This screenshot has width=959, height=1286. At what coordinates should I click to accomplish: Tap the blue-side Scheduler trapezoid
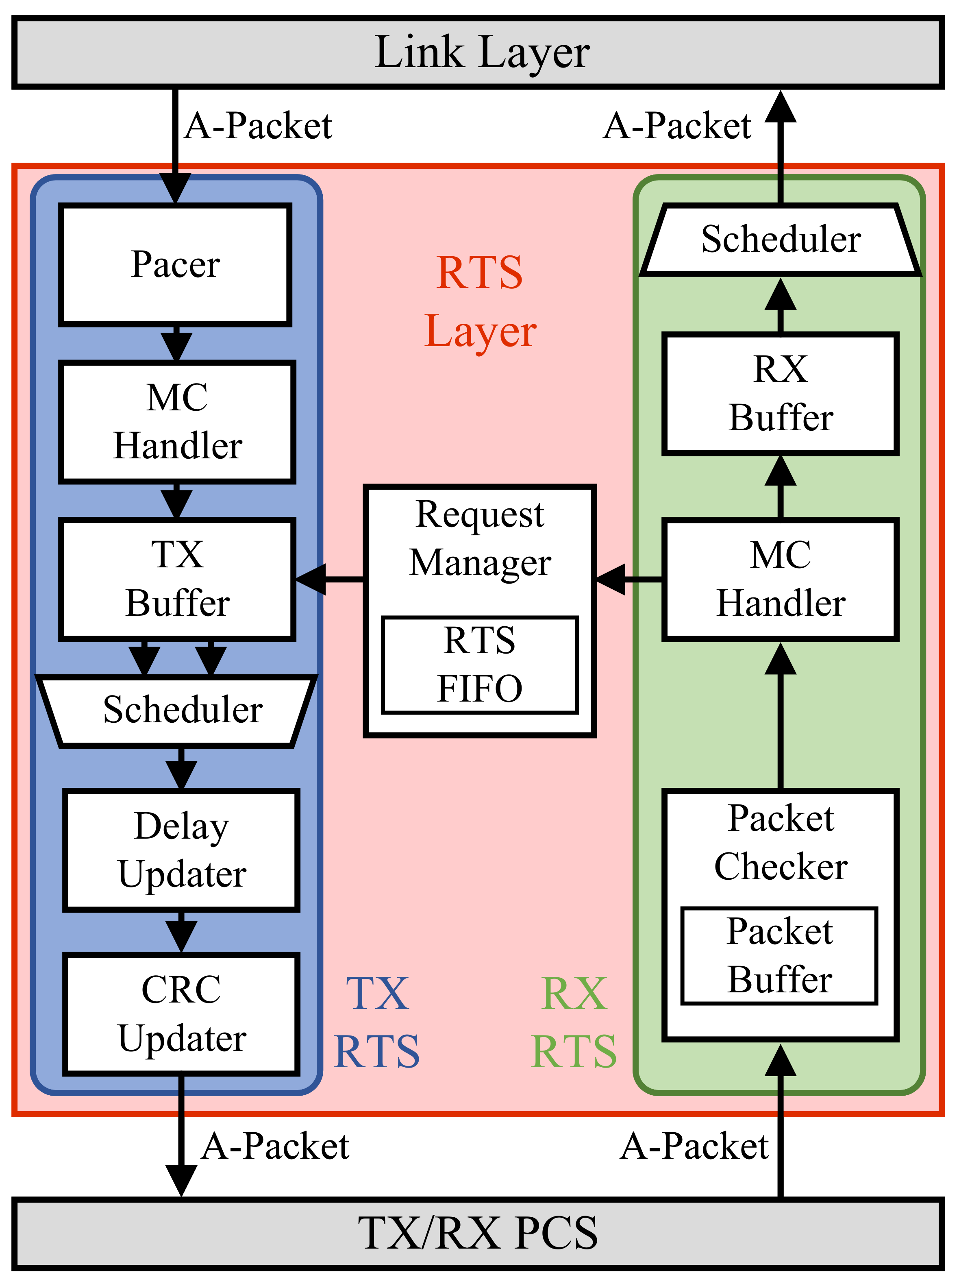177,710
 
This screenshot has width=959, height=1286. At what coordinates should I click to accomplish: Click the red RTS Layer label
480,302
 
